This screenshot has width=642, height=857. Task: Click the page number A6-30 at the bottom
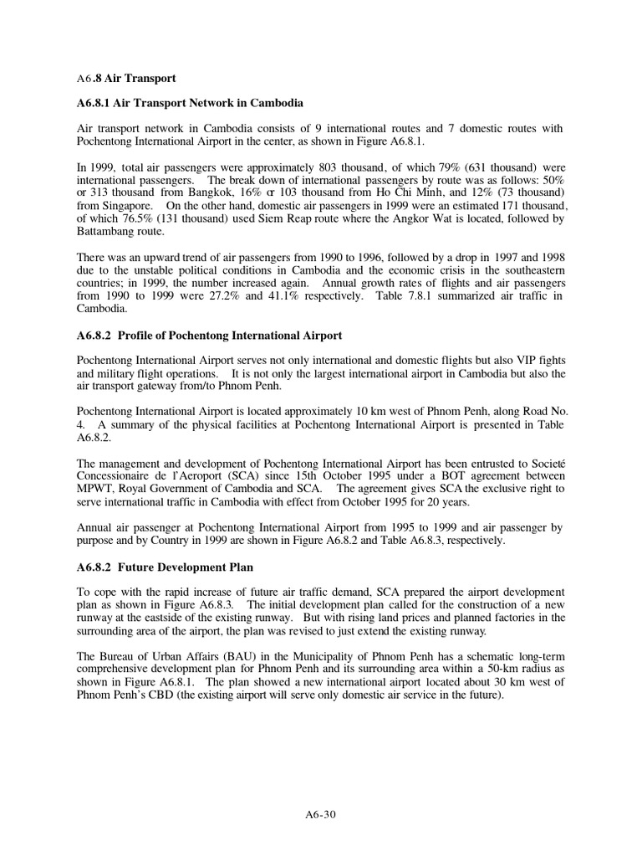pyautogui.click(x=321, y=813)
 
